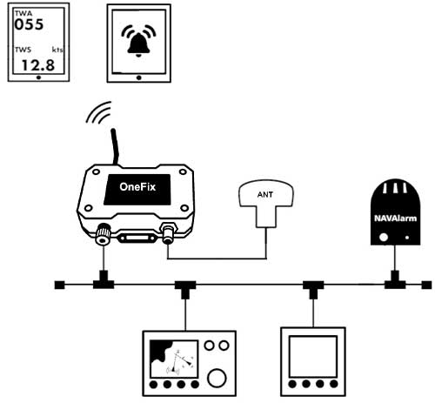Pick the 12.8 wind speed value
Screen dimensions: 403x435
coord(38,64)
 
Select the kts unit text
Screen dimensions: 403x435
coord(57,50)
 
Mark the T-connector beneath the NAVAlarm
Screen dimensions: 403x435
coord(396,282)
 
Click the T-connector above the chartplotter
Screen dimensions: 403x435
coord(184,285)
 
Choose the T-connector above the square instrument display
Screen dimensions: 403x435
coord(311,285)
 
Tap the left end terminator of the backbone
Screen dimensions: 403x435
coord(59,284)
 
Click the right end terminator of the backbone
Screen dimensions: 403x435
coord(425,284)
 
